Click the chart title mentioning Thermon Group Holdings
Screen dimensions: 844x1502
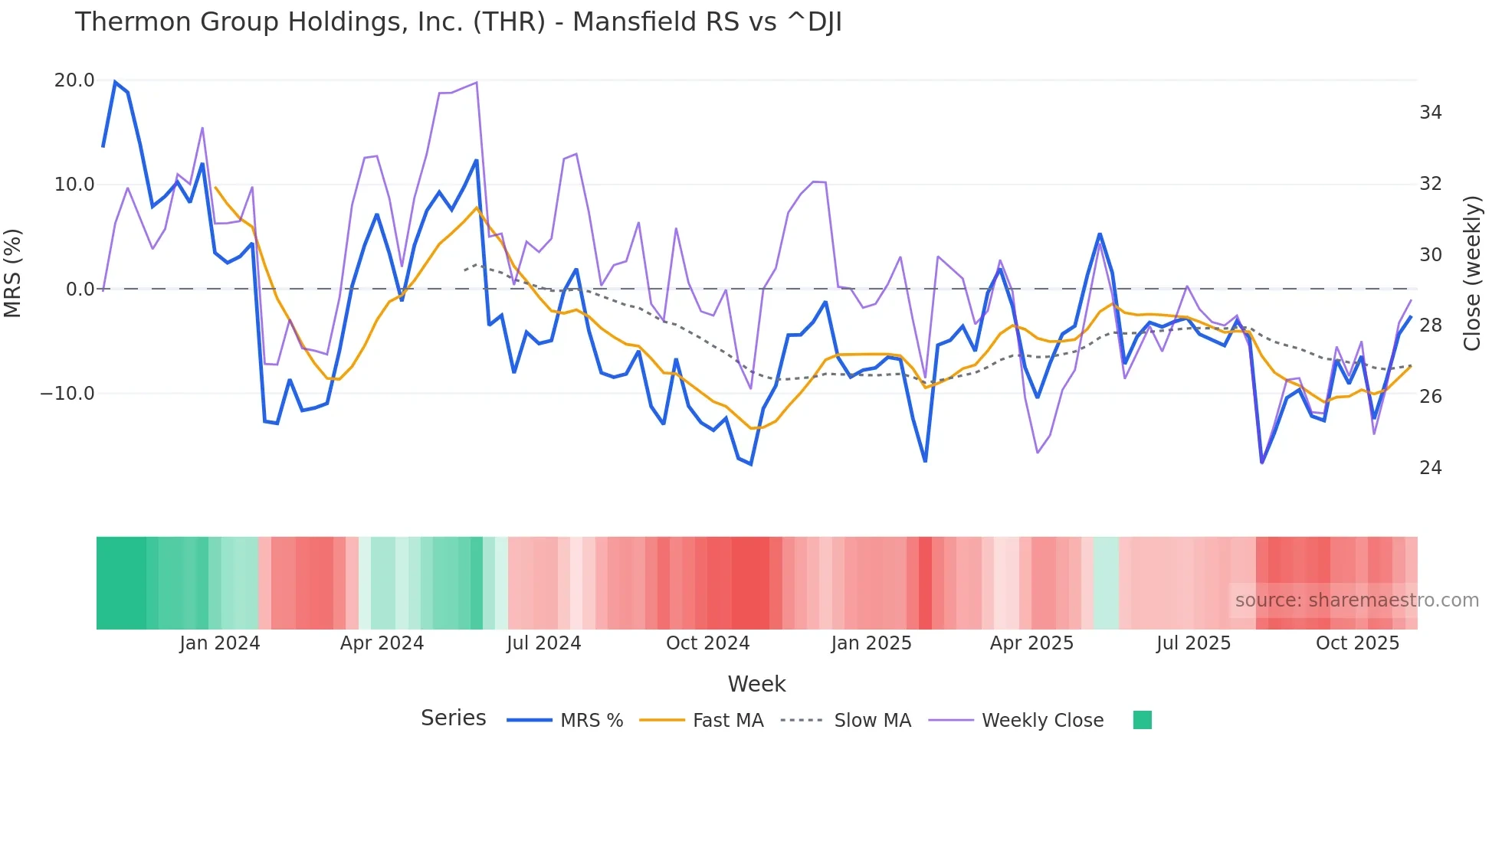tap(458, 22)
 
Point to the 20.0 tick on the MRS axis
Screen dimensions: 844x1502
tap(74, 80)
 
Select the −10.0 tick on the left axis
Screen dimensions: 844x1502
tap(67, 394)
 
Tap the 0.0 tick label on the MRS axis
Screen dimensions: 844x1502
tap(80, 290)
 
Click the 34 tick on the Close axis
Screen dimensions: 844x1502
tap(1430, 113)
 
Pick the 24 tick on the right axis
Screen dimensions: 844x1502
tap(1430, 468)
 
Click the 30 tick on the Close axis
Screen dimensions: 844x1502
tap(1430, 255)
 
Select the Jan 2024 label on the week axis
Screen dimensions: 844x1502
tap(220, 643)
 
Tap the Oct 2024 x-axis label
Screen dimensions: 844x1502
tap(707, 643)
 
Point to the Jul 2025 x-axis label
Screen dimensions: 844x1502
tap(1193, 643)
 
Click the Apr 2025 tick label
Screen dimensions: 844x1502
tap(1031, 643)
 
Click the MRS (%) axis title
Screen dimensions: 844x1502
tap(13, 273)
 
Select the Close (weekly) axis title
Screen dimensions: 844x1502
tap(1472, 273)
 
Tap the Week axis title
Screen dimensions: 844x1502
tap(756, 684)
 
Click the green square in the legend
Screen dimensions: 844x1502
tap(1142, 720)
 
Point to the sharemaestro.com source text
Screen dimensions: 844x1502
tap(1356, 600)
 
